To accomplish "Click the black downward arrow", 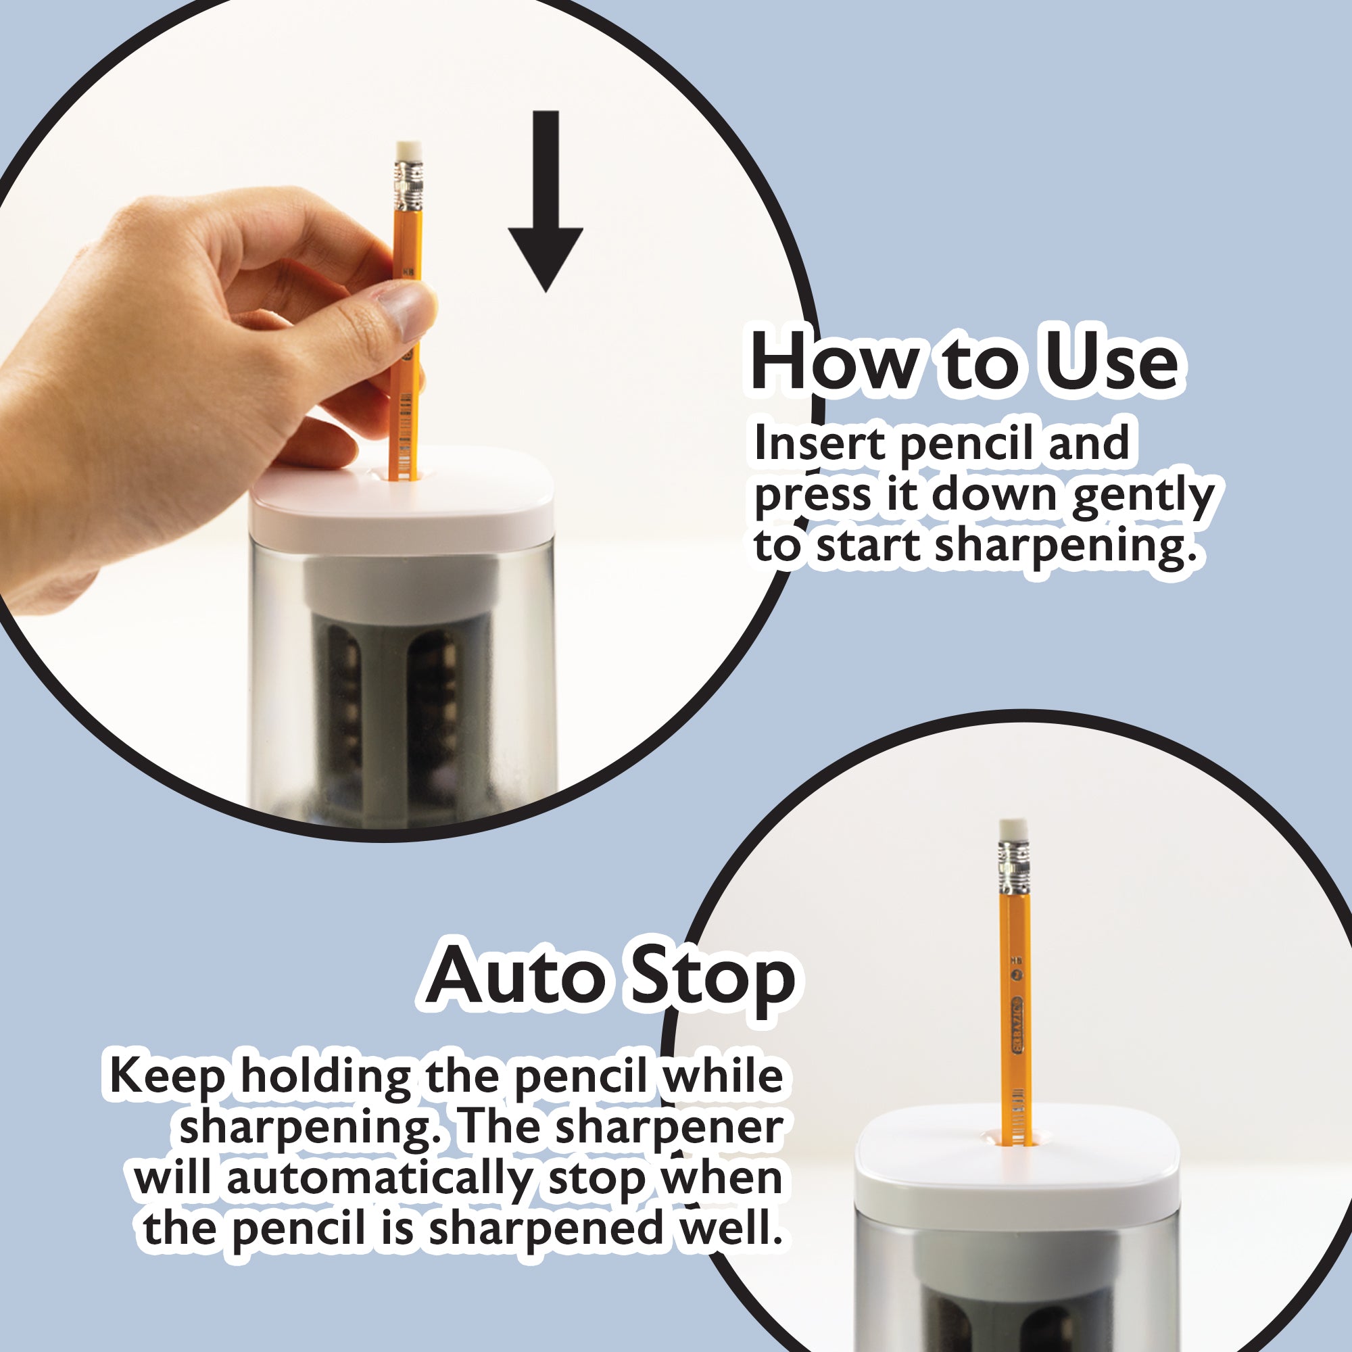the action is pos(545,201).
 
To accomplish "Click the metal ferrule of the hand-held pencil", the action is pos(410,185).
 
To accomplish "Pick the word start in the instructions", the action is pos(868,546).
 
